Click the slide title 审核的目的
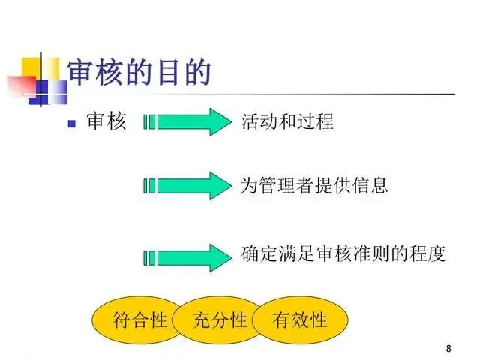click(x=139, y=72)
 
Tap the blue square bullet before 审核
click(x=73, y=123)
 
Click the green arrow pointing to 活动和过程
click(x=193, y=121)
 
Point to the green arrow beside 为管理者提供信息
click(x=193, y=185)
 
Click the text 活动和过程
click(x=287, y=121)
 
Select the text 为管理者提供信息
click(x=314, y=184)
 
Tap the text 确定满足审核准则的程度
click(x=343, y=254)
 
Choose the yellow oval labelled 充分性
click(x=219, y=320)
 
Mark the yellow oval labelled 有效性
click(x=300, y=320)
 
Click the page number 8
click(x=448, y=348)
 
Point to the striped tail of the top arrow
click(x=149, y=121)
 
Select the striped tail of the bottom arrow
click(x=149, y=257)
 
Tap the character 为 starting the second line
click(x=250, y=184)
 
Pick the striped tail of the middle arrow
click(x=149, y=185)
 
